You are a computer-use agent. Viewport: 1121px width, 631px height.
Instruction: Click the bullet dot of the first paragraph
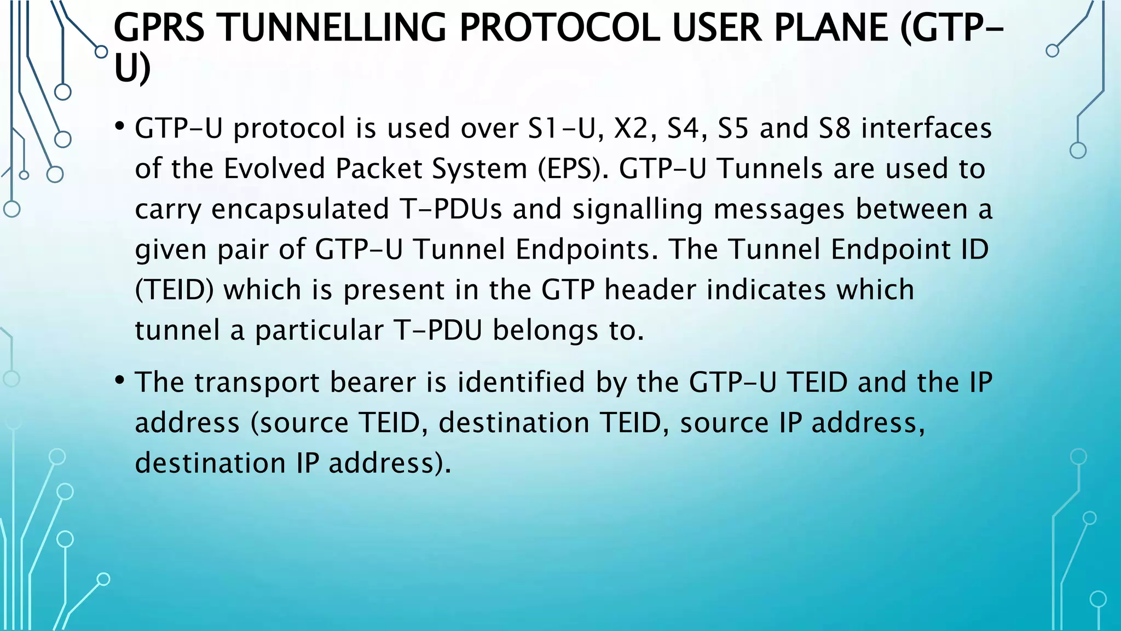coord(120,127)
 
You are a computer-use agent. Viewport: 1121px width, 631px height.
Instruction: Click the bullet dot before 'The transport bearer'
coord(120,381)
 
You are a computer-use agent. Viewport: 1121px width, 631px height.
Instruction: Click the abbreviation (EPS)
coord(573,169)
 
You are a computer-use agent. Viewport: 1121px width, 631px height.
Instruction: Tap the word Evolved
coord(275,169)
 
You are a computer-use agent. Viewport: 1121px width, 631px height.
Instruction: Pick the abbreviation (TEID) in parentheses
coord(174,290)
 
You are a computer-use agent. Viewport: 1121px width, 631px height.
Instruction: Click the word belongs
coord(545,331)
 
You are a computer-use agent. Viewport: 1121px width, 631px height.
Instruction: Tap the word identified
coord(521,382)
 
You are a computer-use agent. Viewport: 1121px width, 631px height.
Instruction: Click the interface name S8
coord(834,129)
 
